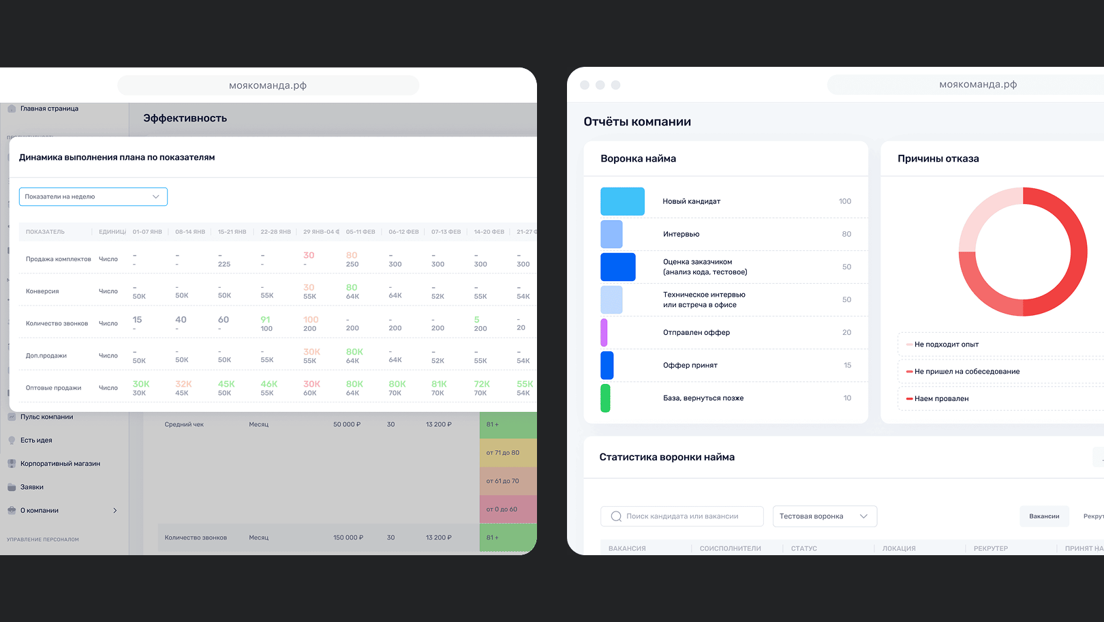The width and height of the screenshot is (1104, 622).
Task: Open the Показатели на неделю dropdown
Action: [93, 196]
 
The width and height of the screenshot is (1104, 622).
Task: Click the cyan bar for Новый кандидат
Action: [622, 201]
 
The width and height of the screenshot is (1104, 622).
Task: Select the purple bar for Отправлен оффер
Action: [604, 332]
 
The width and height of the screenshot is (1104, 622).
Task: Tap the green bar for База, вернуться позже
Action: [605, 398]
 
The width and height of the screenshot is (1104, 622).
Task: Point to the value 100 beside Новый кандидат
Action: [844, 201]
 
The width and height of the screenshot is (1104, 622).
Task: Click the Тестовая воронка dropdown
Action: [825, 516]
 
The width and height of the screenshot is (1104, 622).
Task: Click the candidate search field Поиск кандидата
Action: [681, 516]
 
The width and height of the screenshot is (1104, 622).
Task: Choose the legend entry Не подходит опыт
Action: [946, 344]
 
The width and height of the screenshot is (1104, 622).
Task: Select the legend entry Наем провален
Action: [941, 399]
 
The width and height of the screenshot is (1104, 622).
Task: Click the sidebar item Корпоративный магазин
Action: [60, 464]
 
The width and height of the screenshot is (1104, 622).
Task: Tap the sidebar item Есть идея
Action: [36, 441]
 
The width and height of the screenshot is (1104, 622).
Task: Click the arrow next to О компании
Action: [115, 510]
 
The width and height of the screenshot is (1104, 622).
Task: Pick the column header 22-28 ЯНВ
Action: [275, 232]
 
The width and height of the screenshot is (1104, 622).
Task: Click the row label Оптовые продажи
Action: [53, 388]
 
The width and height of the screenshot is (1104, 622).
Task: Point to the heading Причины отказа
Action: [938, 159]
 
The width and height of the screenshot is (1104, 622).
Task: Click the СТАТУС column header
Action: [804, 548]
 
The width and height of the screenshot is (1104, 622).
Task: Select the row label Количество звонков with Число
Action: [57, 323]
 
